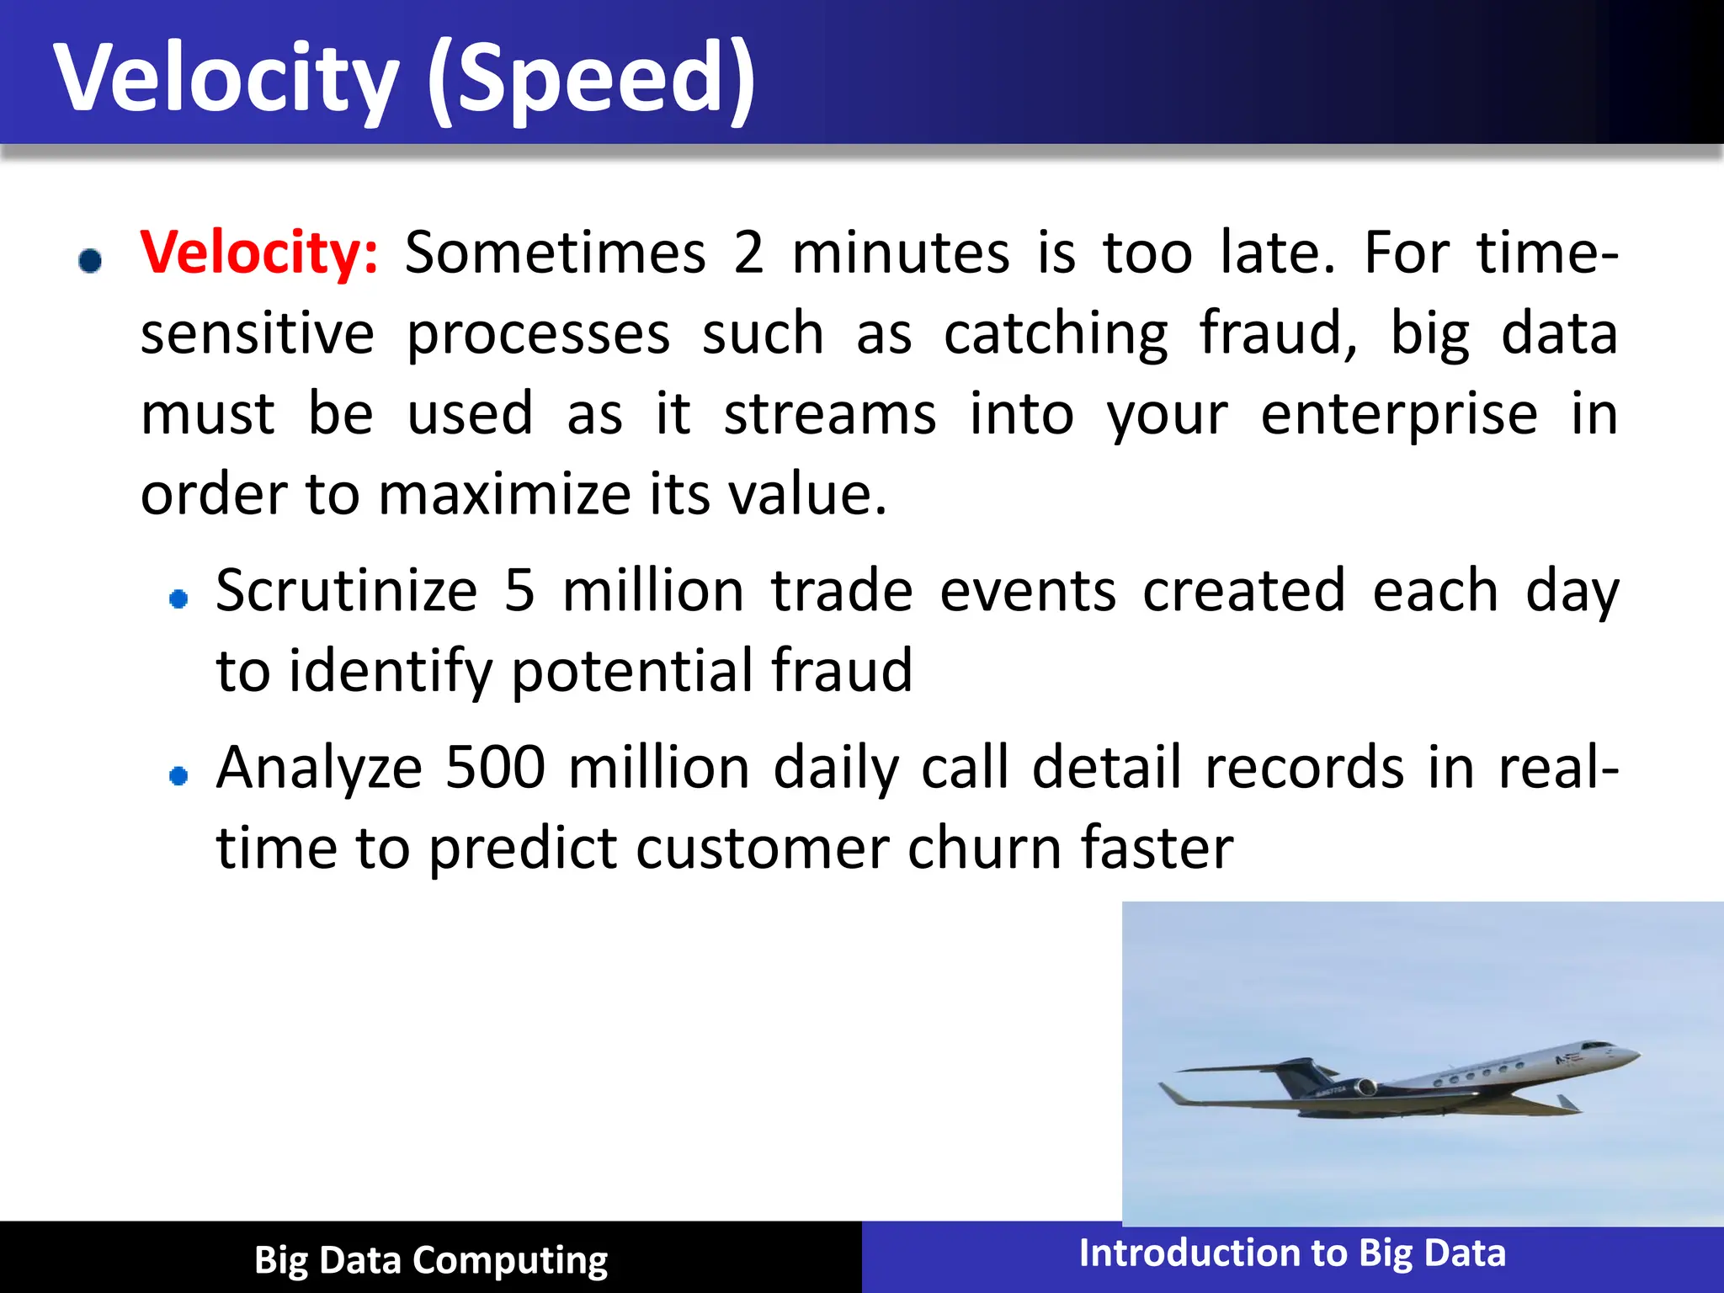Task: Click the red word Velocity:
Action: coord(259,253)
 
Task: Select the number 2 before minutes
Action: coord(748,253)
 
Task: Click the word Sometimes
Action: coord(555,253)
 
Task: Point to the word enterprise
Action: coord(1399,414)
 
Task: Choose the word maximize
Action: coord(504,494)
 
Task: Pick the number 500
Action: coord(495,768)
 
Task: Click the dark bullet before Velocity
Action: coord(90,260)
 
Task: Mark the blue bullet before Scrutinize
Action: coord(178,599)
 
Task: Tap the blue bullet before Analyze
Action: coord(178,775)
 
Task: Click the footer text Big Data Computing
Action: coord(431,1260)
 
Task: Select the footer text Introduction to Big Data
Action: coord(1292,1253)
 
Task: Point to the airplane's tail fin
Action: coord(1296,1075)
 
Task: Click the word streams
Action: coord(829,414)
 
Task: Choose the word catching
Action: coord(1056,334)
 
